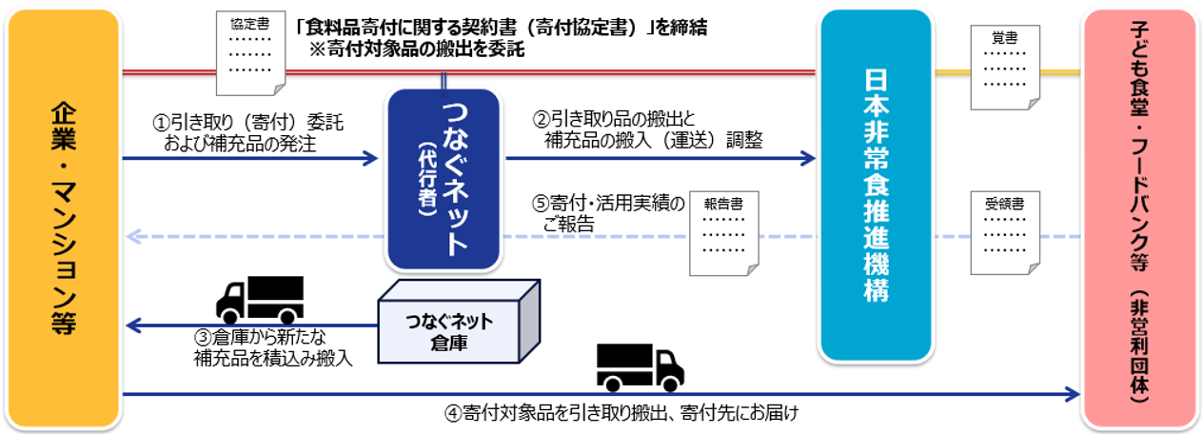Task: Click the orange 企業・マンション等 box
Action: pyautogui.click(x=63, y=217)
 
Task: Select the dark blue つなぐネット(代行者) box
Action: pyautogui.click(x=443, y=178)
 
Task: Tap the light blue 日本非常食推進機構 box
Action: pyautogui.click(x=876, y=186)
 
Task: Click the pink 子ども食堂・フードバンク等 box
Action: pyautogui.click(x=1139, y=217)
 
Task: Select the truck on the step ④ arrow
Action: pyautogui.click(x=640, y=368)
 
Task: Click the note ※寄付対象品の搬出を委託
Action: pyautogui.click(x=416, y=50)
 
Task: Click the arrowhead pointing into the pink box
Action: pyautogui.click(x=1074, y=393)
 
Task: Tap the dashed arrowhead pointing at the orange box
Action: pyautogui.click(x=133, y=236)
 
